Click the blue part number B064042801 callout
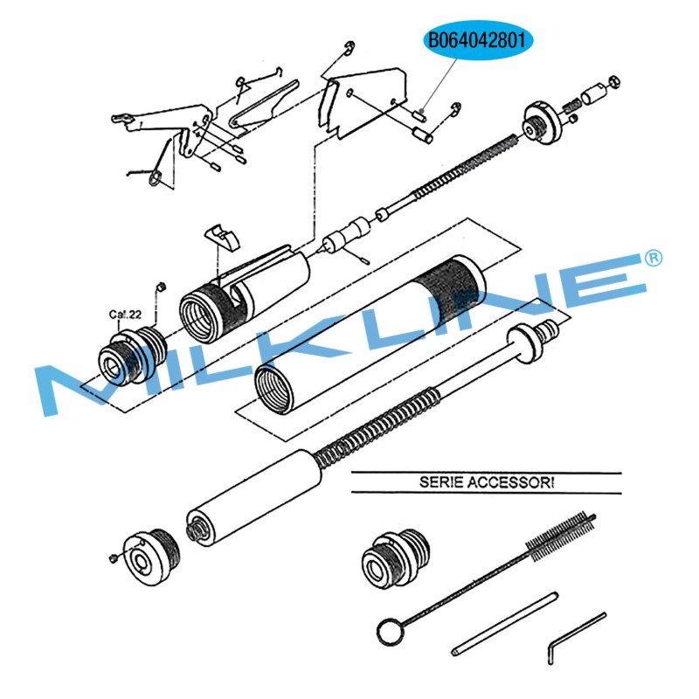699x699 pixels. [477, 40]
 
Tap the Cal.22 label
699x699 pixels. [125, 315]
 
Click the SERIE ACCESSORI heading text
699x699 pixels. [487, 482]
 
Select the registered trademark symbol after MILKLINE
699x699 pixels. [654, 258]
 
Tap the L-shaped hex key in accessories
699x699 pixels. [577, 639]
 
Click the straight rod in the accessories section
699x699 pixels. [505, 624]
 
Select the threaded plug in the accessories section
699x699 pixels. [395, 559]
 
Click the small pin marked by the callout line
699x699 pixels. [421, 115]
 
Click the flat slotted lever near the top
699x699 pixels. [263, 105]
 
